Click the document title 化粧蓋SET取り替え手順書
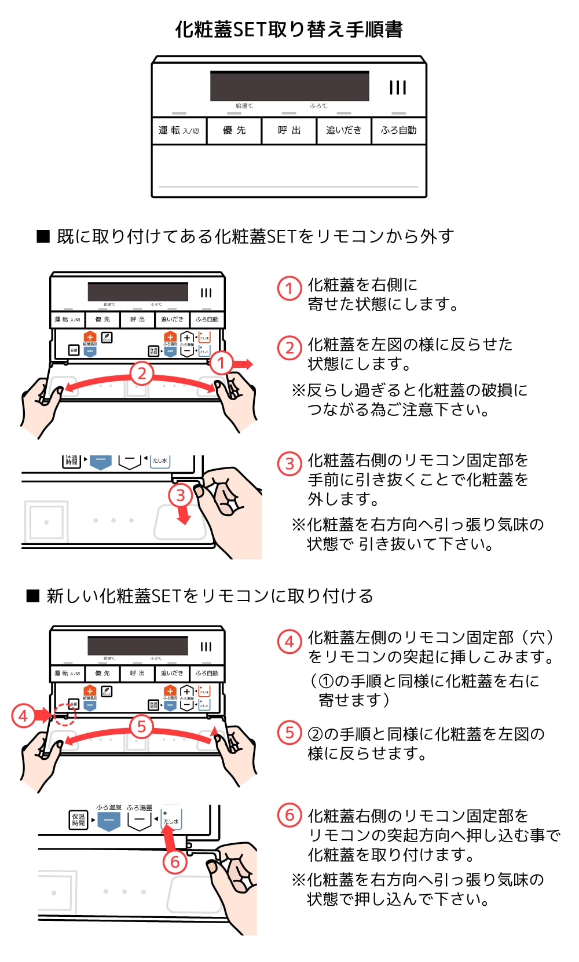pos(289,29)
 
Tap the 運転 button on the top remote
pos(178,130)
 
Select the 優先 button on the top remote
pos(234,130)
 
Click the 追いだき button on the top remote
pos(343,130)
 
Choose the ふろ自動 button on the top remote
pos(398,130)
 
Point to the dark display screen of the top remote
pos(289,86)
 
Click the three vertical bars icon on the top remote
pos(398,87)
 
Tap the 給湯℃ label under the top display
pos(244,106)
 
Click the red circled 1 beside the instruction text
pos(289,288)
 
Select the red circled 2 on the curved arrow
pos(142,373)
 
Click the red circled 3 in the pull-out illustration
pos(180,495)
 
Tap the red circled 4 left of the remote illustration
pos(23,716)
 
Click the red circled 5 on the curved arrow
pos(142,726)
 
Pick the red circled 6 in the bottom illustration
pos(174,862)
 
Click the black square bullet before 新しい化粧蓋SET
pos(33,596)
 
